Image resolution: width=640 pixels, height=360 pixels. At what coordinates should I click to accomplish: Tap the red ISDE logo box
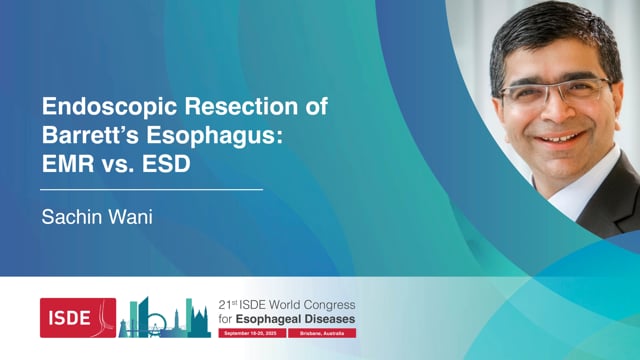tap(78, 317)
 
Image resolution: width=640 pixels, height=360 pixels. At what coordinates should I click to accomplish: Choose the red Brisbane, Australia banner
tap(322, 332)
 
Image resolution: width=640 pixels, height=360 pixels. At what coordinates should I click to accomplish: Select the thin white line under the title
tap(150, 188)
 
